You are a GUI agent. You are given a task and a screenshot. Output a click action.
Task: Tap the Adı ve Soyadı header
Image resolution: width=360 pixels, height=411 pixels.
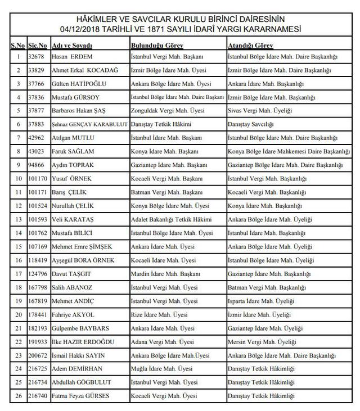(71, 44)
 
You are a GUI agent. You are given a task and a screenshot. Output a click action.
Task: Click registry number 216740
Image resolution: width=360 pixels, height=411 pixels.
(37, 396)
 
